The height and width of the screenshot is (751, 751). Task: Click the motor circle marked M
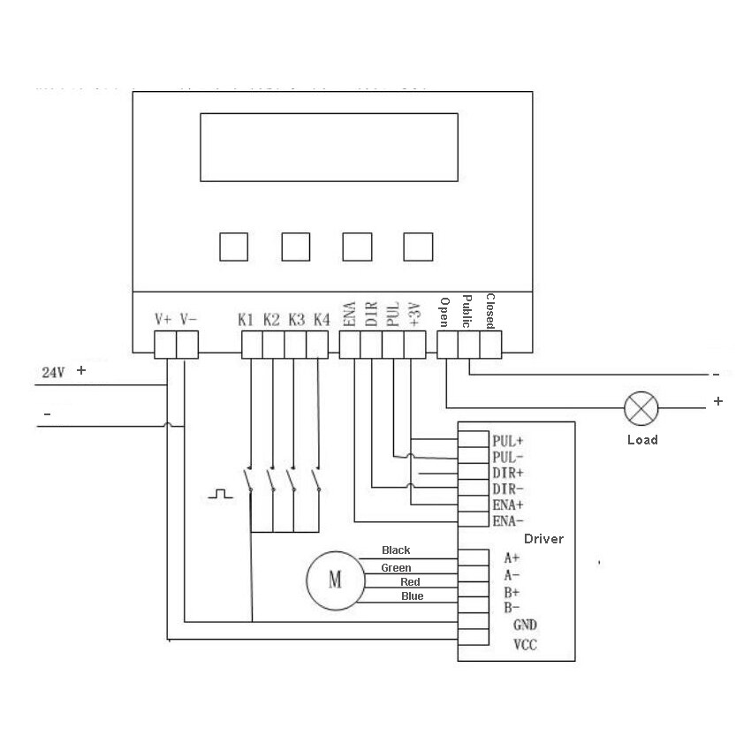(x=334, y=580)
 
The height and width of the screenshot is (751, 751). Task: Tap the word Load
(x=642, y=440)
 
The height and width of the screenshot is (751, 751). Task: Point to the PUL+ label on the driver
(x=508, y=440)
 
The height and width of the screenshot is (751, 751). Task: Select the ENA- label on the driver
(x=507, y=520)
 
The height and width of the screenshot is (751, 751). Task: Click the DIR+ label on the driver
(x=507, y=473)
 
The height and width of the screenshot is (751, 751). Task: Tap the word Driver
(x=543, y=539)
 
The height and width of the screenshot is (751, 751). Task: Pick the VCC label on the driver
(x=525, y=645)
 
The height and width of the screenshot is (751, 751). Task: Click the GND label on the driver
(x=525, y=624)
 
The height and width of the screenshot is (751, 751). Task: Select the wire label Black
(x=396, y=550)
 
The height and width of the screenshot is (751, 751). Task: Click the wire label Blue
(x=412, y=596)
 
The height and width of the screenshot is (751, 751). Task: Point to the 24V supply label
(x=54, y=373)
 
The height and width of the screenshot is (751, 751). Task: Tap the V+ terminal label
(x=163, y=319)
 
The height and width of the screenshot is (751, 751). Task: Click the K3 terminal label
(x=296, y=319)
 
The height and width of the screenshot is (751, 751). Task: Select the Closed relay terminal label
(x=490, y=311)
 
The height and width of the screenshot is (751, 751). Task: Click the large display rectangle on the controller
(x=328, y=147)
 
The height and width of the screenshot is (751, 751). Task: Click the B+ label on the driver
(x=512, y=592)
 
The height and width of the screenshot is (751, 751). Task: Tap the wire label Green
(x=396, y=567)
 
